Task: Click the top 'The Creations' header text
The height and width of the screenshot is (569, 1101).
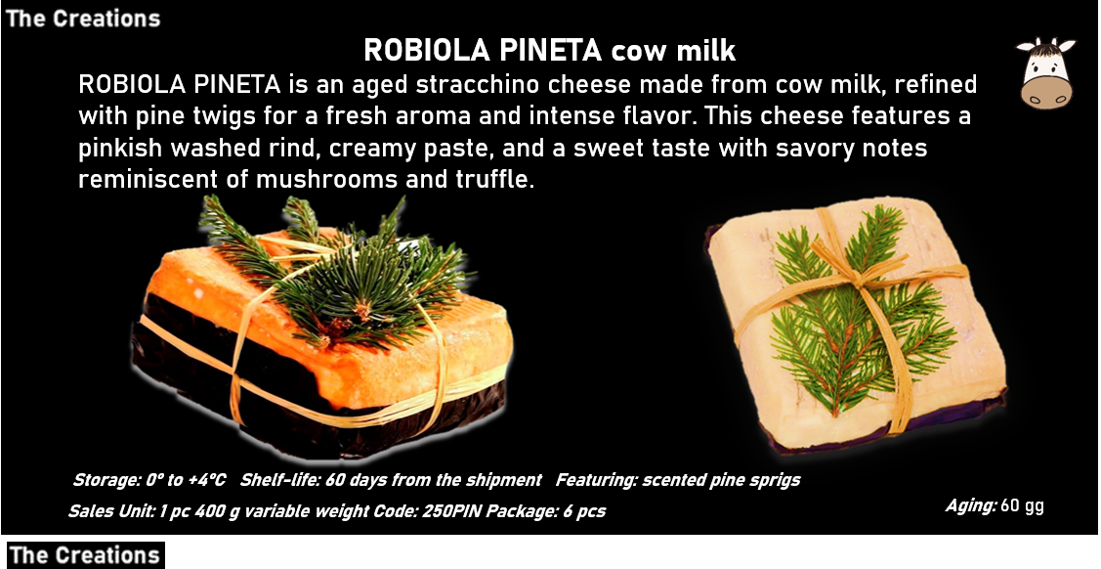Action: [83, 18]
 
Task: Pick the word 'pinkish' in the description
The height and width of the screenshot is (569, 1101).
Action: [121, 149]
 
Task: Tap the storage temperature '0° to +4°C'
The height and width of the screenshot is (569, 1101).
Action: [183, 480]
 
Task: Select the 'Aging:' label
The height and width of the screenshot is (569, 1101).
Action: [970, 505]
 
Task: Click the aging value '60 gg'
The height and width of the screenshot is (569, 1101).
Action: [1022, 505]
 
